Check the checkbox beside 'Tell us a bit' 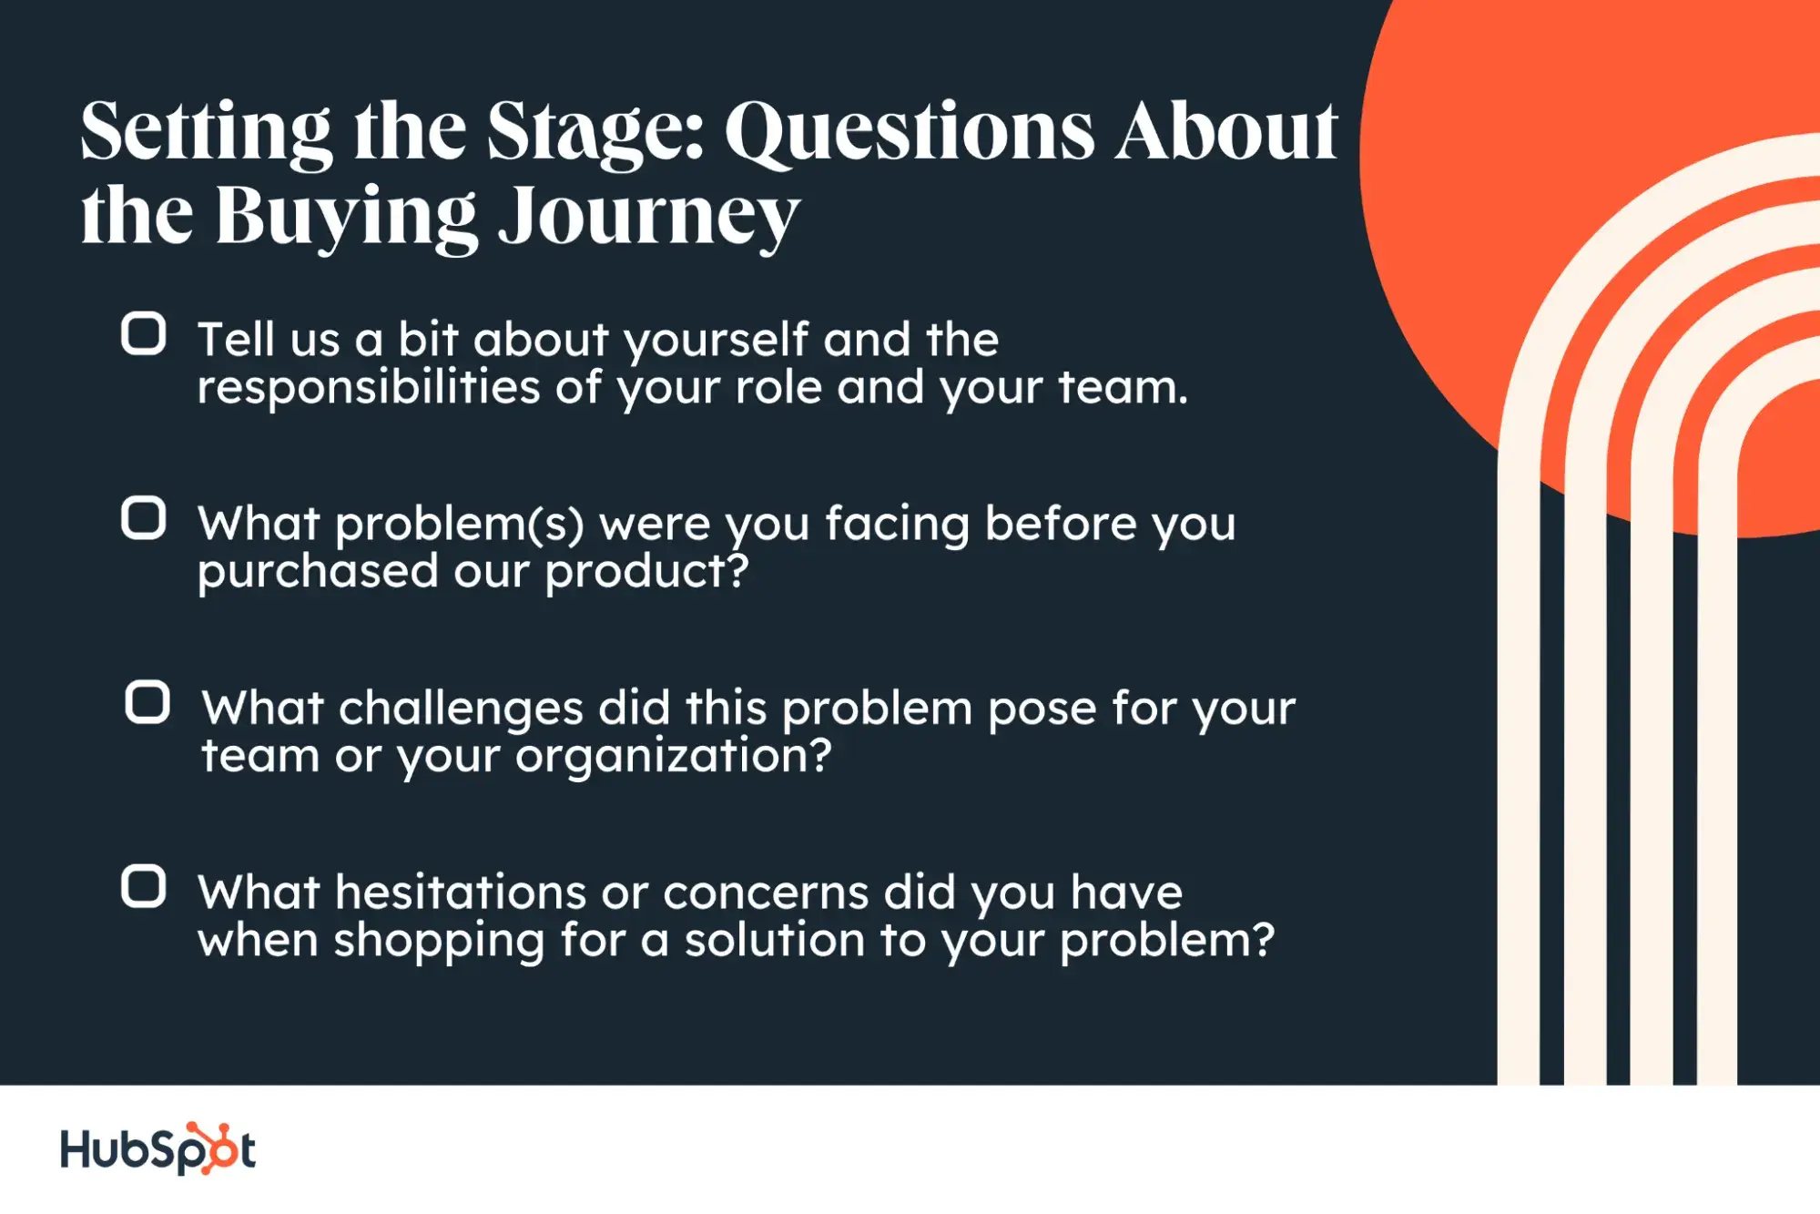pos(144,333)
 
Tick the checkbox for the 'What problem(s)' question pos(144,518)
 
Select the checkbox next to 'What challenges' pos(147,702)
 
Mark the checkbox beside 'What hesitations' pos(144,887)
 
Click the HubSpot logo pos(158,1149)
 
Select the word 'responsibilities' pos(369,388)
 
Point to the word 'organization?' pos(673,757)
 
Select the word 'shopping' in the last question pos(439,942)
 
